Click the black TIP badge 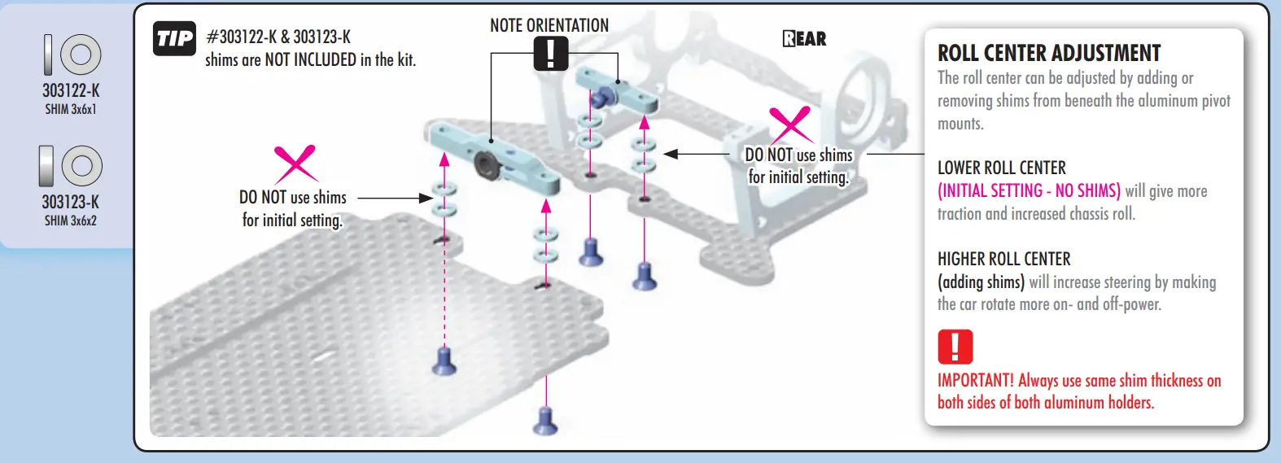[x=175, y=38]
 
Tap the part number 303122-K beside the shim [x=71, y=90]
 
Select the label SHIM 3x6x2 [x=71, y=221]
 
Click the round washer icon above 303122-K [x=81, y=55]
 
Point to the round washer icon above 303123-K [x=81, y=166]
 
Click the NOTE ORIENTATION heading [x=549, y=25]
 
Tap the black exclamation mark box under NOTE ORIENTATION [x=551, y=54]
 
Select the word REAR [x=804, y=39]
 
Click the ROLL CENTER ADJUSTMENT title [x=1049, y=54]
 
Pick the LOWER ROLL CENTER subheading [x=1001, y=168]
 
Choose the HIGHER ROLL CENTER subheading [x=1003, y=259]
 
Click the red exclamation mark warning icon [x=955, y=347]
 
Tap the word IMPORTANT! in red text [x=975, y=380]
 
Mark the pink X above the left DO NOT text [x=295, y=164]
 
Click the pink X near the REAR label [x=789, y=124]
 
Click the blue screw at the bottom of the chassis [x=545, y=421]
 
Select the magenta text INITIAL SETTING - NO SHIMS [x=1029, y=190]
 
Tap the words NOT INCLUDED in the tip [x=310, y=59]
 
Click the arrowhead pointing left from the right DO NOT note [x=671, y=153]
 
